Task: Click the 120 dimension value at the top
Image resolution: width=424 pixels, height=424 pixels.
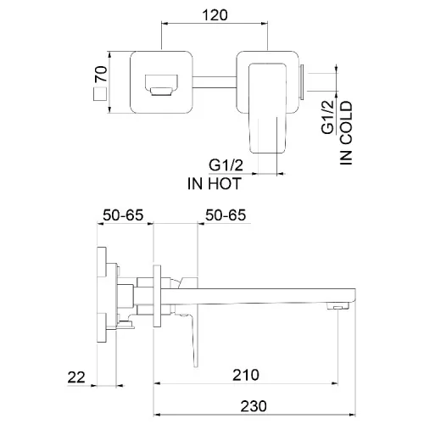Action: (215, 15)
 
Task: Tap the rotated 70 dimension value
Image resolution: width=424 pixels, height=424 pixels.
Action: (101, 74)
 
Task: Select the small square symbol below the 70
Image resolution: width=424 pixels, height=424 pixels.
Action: (99, 93)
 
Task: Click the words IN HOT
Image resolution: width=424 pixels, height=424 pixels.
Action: (215, 183)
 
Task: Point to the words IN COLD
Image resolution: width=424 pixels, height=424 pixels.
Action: (346, 133)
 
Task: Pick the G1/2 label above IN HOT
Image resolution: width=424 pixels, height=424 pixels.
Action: (226, 165)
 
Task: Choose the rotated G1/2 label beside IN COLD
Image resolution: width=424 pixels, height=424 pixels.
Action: (328, 117)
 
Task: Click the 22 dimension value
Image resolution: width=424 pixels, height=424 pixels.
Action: (76, 377)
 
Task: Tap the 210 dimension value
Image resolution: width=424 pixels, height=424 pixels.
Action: (246, 375)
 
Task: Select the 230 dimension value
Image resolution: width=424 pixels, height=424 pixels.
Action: (254, 406)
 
